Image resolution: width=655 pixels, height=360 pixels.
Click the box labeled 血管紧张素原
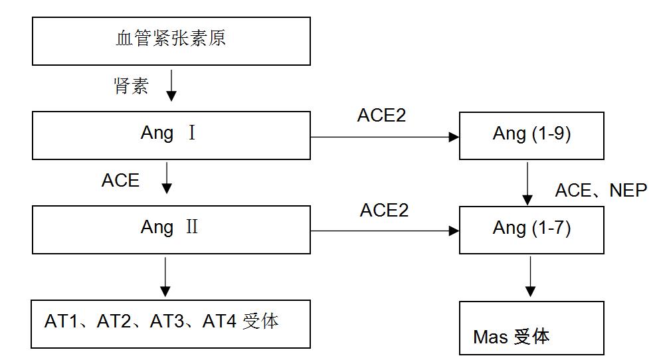pyautogui.click(x=171, y=41)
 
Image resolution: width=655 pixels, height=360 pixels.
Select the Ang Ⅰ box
pyautogui.click(x=171, y=135)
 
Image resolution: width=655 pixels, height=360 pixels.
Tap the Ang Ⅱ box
pyautogui.click(x=171, y=229)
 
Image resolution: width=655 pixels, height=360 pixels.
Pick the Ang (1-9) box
pyautogui.click(x=531, y=135)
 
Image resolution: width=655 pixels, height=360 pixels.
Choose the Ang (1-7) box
pyautogui.click(x=531, y=230)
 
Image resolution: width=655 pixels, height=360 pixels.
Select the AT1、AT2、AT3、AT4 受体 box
pyautogui.click(x=171, y=323)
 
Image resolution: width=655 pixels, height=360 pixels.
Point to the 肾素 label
pyautogui.click(x=131, y=86)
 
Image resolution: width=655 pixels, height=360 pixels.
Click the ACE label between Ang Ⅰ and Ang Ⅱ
pyautogui.click(x=120, y=181)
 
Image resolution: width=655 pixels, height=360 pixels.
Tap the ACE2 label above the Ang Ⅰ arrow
pyautogui.click(x=381, y=116)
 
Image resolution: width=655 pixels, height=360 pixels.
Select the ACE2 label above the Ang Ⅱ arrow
pyautogui.click(x=384, y=211)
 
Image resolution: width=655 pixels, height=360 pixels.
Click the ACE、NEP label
pyautogui.click(x=601, y=191)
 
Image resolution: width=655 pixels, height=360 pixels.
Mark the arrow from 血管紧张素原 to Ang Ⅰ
pyautogui.click(x=171, y=84)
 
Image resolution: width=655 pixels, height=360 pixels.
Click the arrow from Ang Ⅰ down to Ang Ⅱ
pyautogui.click(x=167, y=177)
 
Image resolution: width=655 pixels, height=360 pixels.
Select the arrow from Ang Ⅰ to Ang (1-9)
pyautogui.click(x=385, y=137)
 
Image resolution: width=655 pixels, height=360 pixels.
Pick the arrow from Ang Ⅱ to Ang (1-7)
pyautogui.click(x=385, y=231)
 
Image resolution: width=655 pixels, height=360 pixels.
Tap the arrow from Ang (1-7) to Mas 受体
pyautogui.click(x=529, y=276)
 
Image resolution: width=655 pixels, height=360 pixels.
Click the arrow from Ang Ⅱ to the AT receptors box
pyautogui.click(x=165, y=276)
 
